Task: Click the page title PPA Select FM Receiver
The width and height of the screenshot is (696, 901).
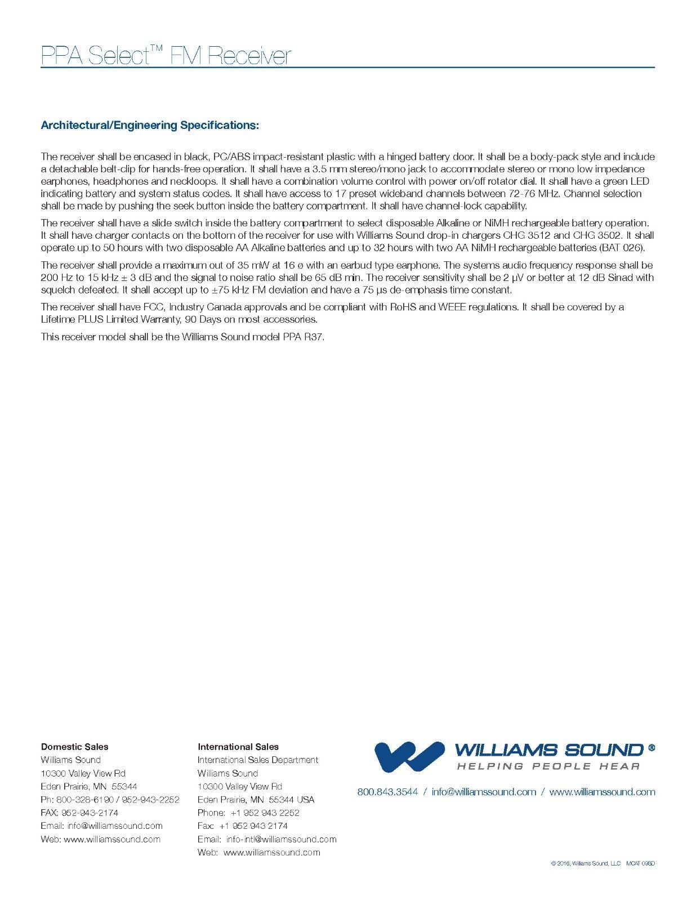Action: pyautogui.click(x=166, y=56)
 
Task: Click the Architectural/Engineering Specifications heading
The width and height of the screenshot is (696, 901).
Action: pyautogui.click(x=150, y=125)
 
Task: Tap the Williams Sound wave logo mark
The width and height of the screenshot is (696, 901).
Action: pyautogui.click(x=409, y=756)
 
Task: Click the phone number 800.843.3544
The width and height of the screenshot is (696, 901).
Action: pyautogui.click(x=387, y=792)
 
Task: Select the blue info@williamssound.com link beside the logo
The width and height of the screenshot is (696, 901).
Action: pyautogui.click(x=484, y=792)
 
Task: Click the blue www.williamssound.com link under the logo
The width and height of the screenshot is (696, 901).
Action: pyautogui.click(x=602, y=792)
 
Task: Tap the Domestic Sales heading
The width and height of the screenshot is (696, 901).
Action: pyautogui.click(x=74, y=747)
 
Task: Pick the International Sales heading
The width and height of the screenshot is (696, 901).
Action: pyautogui.click(x=238, y=747)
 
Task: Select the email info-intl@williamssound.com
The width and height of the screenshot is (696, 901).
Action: pyautogui.click(x=281, y=839)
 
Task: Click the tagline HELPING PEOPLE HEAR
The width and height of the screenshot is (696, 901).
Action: pyautogui.click(x=548, y=766)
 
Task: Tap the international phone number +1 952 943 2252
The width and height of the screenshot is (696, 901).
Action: pyautogui.click(x=265, y=813)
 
